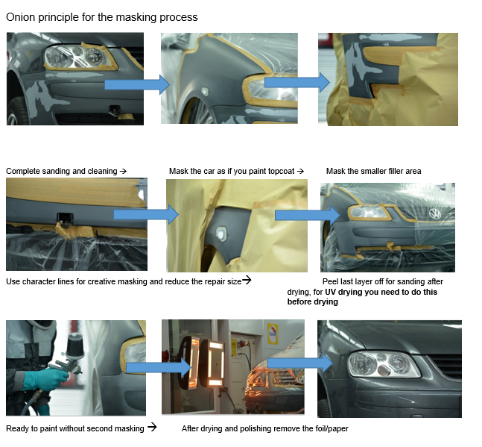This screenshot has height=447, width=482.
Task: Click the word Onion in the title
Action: (x=20, y=17)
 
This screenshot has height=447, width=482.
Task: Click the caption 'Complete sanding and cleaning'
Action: (x=62, y=172)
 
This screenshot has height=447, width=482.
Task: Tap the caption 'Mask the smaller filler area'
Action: (x=373, y=172)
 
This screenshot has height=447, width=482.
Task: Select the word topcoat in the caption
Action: (x=280, y=172)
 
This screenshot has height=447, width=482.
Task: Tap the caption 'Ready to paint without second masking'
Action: (x=75, y=428)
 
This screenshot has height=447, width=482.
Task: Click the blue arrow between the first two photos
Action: (x=137, y=84)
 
